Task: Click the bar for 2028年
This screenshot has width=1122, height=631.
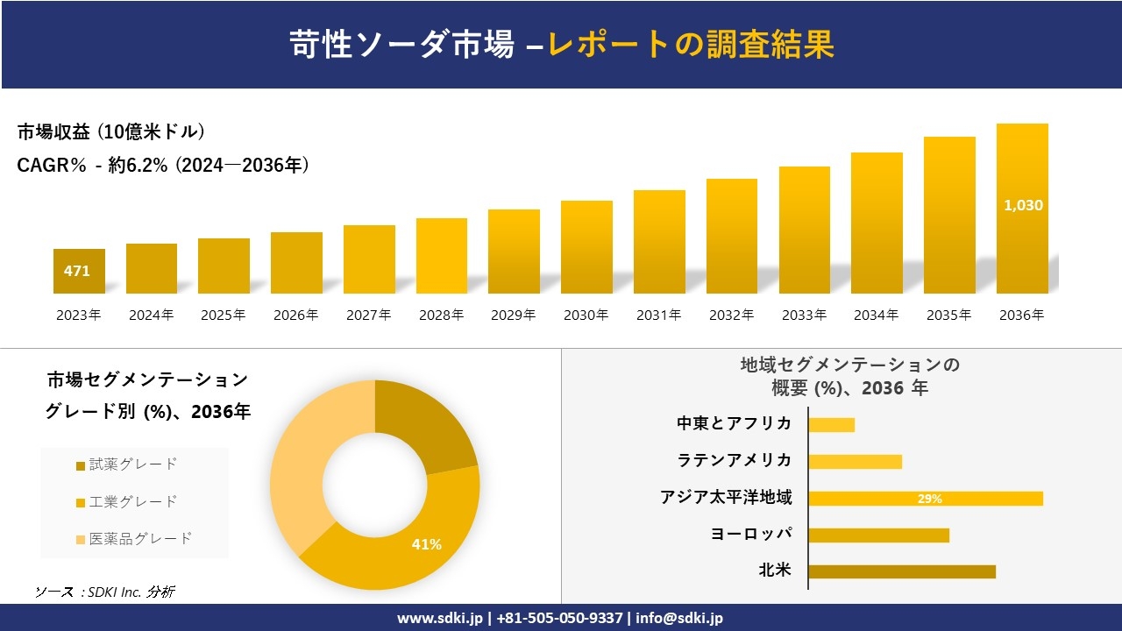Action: coord(441,256)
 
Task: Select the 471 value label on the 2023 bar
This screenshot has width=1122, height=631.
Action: coord(77,272)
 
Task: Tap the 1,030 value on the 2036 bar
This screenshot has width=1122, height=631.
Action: coord(1022,205)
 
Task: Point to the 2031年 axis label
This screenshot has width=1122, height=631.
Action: coord(658,315)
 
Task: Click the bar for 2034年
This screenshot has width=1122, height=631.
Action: coord(877,223)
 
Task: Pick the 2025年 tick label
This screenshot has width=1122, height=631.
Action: coord(224,315)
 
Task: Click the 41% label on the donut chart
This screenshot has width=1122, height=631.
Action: coord(426,544)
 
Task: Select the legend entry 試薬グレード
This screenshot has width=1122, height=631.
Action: coord(132,464)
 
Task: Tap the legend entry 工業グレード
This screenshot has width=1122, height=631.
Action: coord(132,501)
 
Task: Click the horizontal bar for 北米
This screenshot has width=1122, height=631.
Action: coord(901,571)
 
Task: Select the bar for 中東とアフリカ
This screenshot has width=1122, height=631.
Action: coord(831,425)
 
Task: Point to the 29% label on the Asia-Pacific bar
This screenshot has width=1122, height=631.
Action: coord(929,499)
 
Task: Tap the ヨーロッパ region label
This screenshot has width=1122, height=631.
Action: coord(751,534)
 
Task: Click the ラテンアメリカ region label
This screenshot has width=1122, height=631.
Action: coord(734,460)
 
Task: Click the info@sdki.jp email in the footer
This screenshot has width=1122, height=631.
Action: coord(679,618)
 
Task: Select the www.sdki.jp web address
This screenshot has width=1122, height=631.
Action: coord(439,618)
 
